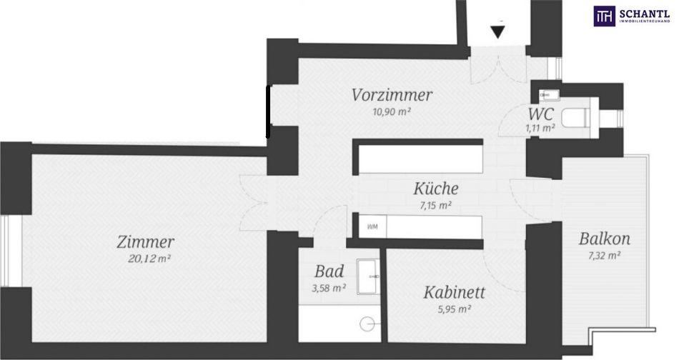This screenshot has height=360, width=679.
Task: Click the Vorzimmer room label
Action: click(x=392, y=95)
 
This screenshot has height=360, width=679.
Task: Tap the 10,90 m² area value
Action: click(x=392, y=111)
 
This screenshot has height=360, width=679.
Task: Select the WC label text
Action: click(x=540, y=114)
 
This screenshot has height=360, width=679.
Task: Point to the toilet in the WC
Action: click(x=575, y=117)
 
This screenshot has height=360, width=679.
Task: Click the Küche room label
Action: click(x=436, y=189)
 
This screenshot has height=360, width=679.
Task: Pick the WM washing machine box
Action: click(x=372, y=226)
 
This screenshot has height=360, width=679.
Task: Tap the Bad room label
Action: click(x=329, y=271)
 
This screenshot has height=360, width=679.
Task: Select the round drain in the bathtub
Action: click(x=367, y=323)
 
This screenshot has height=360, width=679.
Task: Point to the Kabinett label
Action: click(x=454, y=292)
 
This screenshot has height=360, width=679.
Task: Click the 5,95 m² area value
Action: click(x=453, y=309)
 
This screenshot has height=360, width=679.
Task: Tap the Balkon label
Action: click(x=604, y=239)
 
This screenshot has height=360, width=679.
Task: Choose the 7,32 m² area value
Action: click(x=604, y=255)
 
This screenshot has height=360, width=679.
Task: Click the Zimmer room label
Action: click(x=146, y=242)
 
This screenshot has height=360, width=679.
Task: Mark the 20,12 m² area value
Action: click(x=149, y=259)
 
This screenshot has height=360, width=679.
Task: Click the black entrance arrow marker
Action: click(x=498, y=32)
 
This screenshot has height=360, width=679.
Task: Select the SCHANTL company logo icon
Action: click(x=604, y=16)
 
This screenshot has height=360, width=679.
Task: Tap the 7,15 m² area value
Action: click(x=436, y=205)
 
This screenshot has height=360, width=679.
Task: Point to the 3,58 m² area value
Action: click(x=329, y=288)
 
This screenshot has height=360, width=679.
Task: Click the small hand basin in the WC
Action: click(x=549, y=94)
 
